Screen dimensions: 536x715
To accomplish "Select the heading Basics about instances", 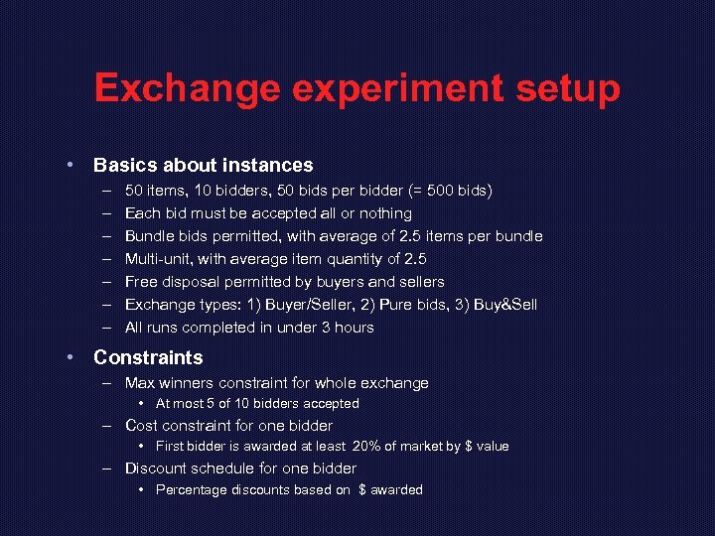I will tap(203, 166).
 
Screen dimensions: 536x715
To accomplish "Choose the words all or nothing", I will tap(371, 213).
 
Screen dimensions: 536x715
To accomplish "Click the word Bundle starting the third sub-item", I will tap(148, 236).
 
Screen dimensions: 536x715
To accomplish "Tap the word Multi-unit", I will tap(159, 259).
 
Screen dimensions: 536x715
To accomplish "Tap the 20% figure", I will tap(369, 447).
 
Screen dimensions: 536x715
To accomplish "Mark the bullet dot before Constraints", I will tap(71, 357).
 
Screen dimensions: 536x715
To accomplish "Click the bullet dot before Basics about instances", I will tap(71, 166).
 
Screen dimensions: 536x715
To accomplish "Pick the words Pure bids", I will tap(402, 305).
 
